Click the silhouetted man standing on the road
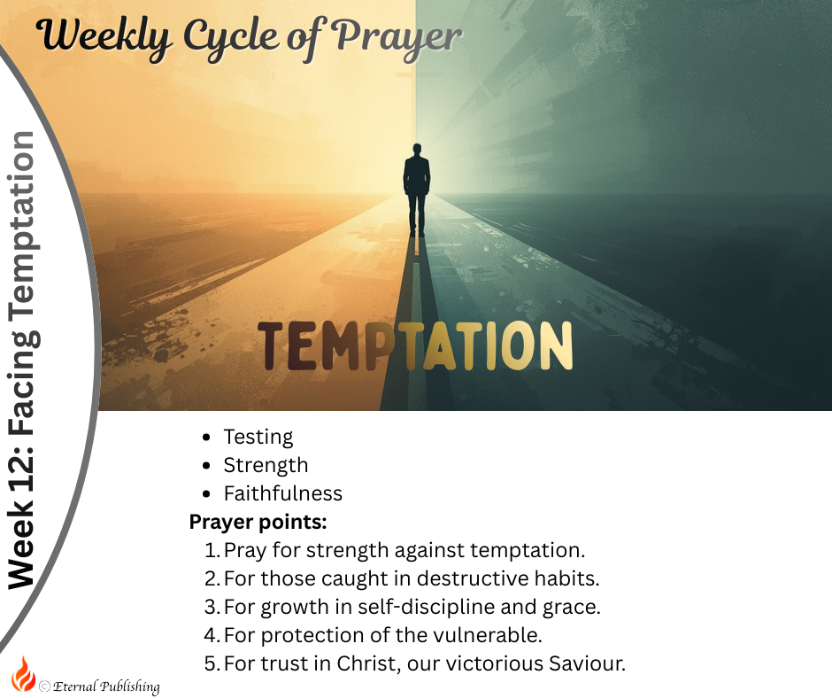(416, 190)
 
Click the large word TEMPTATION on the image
(414, 345)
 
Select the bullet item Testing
(258, 437)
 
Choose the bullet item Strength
(266, 465)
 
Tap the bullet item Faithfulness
(282, 493)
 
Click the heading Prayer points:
(258, 522)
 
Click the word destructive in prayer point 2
(473, 578)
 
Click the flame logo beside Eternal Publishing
(23, 675)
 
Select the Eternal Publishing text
(106, 686)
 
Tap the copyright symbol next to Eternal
(44, 686)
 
